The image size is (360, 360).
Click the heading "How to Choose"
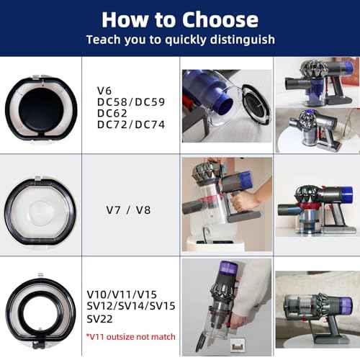180,19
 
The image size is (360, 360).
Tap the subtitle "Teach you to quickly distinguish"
180,40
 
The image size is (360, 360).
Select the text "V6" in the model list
105,91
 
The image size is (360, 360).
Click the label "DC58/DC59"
131,102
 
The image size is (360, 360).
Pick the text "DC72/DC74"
131,125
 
